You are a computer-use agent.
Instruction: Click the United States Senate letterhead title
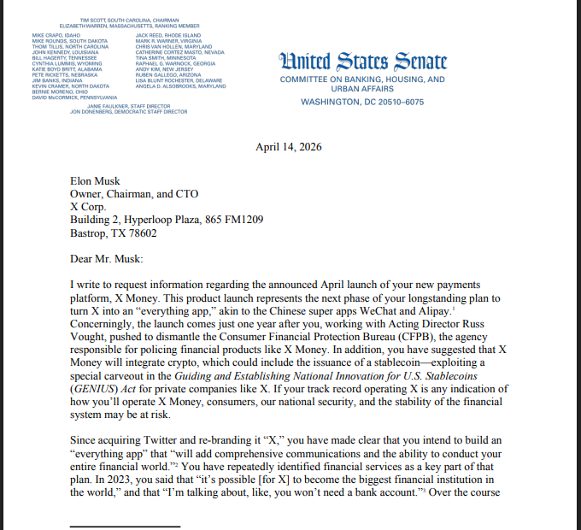point(362,62)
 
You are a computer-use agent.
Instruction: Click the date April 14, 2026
point(289,147)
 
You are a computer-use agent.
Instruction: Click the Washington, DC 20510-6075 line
point(362,103)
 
